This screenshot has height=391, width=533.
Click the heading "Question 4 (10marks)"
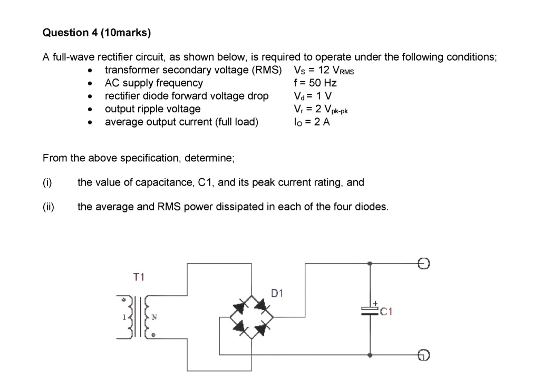[x=97, y=33]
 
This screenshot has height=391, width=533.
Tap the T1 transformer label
[x=139, y=277]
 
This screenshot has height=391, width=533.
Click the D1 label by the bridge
[x=277, y=293]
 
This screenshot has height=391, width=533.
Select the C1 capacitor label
[x=386, y=311]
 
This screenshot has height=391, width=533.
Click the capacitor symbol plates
[x=370, y=311]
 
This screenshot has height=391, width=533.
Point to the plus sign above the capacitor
[x=375, y=303]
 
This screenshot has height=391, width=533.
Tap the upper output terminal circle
[x=423, y=263]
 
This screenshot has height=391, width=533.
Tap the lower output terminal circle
[x=423, y=355]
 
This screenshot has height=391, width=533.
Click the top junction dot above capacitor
[x=370, y=263]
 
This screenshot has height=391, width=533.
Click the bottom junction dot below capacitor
[x=370, y=355]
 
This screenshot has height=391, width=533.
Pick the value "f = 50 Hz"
[x=315, y=83]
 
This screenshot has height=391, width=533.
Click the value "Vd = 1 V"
[x=313, y=96]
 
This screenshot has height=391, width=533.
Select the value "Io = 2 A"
[x=312, y=122]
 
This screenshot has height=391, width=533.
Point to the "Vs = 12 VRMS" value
[x=324, y=70]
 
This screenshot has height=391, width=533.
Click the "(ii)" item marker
[x=49, y=207]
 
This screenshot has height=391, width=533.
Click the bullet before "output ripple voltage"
[x=90, y=109]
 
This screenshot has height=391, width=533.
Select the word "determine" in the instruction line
[x=209, y=158]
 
